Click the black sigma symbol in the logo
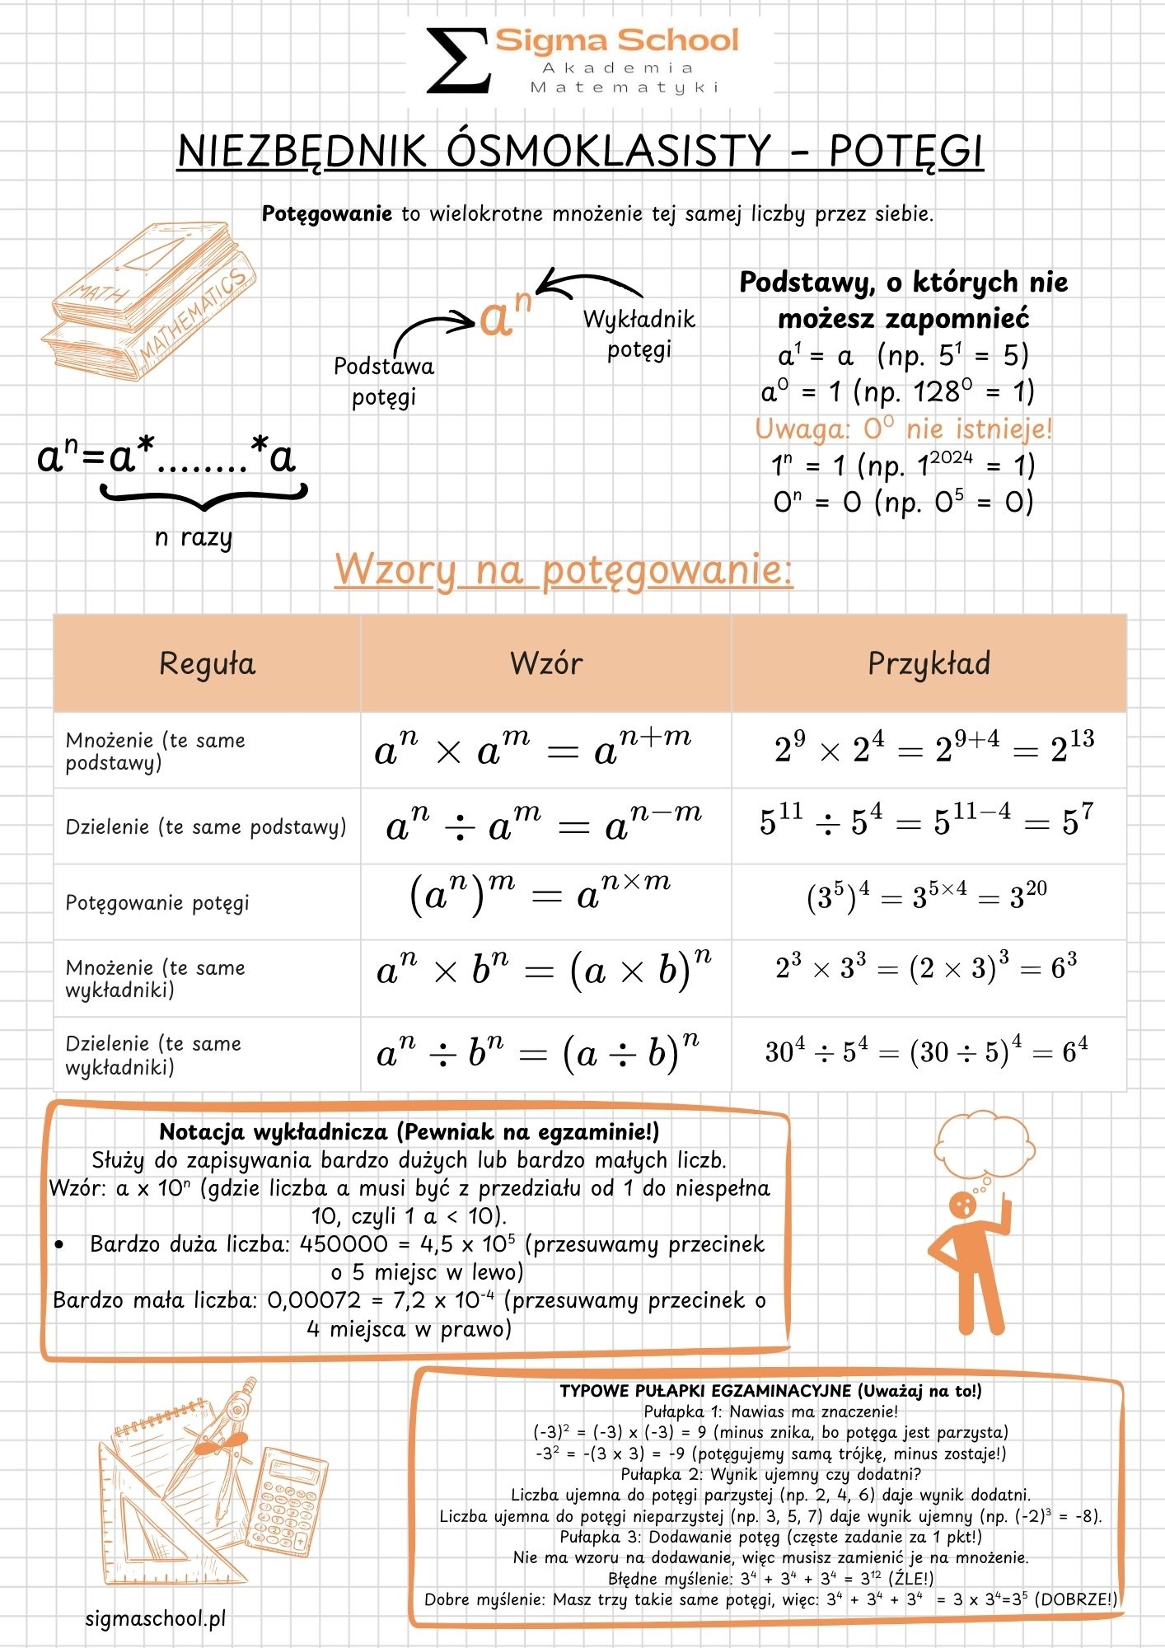[x=458, y=60]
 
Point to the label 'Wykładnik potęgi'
[x=639, y=334]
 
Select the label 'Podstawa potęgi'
[x=384, y=381]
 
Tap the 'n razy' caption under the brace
[x=194, y=538]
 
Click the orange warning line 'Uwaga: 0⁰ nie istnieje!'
[x=903, y=429]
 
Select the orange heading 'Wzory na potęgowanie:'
[x=564, y=569]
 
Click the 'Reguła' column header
[x=207, y=663]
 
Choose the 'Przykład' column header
[x=929, y=663]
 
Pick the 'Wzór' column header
[x=545, y=663]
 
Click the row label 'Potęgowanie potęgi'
[x=157, y=902]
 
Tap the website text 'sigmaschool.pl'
[x=156, y=1619]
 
